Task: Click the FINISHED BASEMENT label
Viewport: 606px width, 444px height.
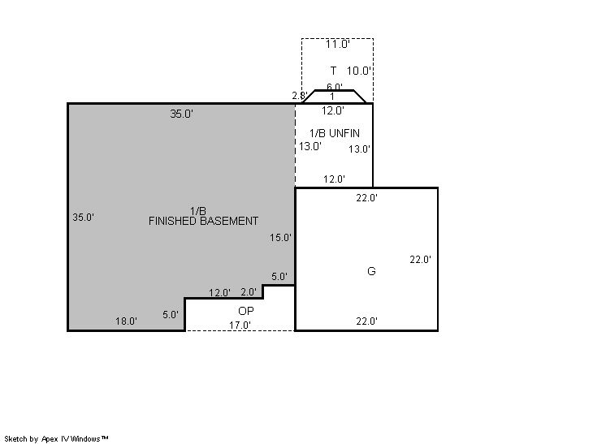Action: pyautogui.click(x=203, y=222)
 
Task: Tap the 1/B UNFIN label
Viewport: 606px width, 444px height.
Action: pyautogui.click(x=335, y=133)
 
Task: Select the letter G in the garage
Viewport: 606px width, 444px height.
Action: pyautogui.click(x=371, y=271)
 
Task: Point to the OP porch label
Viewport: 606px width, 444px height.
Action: pyautogui.click(x=246, y=311)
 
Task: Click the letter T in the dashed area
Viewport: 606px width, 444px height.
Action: pyautogui.click(x=333, y=71)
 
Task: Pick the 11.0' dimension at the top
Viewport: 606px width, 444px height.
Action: pyautogui.click(x=337, y=44)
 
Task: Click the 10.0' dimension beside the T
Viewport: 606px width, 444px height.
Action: pyautogui.click(x=359, y=71)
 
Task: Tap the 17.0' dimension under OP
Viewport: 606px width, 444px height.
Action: pyautogui.click(x=240, y=325)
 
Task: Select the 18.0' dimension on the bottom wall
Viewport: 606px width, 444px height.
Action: pyautogui.click(x=126, y=321)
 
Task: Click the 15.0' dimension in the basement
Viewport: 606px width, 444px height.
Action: pyautogui.click(x=280, y=238)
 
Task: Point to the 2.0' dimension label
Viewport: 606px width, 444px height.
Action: pyautogui.click(x=249, y=292)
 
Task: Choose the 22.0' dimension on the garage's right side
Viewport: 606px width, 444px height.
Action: pyautogui.click(x=421, y=260)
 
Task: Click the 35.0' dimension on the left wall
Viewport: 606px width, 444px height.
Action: pyautogui.click(x=84, y=218)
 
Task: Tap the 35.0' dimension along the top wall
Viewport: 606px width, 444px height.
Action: pyautogui.click(x=182, y=114)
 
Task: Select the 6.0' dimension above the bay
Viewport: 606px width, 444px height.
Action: pyautogui.click(x=335, y=87)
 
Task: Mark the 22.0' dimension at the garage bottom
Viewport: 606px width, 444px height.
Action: pyautogui.click(x=367, y=321)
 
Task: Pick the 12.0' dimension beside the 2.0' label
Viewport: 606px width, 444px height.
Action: pyautogui.click(x=219, y=293)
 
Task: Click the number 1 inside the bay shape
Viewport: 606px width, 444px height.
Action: pyautogui.click(x=332, y=97)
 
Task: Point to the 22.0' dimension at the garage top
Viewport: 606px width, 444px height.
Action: pyautogui.click(x=367, y=198)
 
